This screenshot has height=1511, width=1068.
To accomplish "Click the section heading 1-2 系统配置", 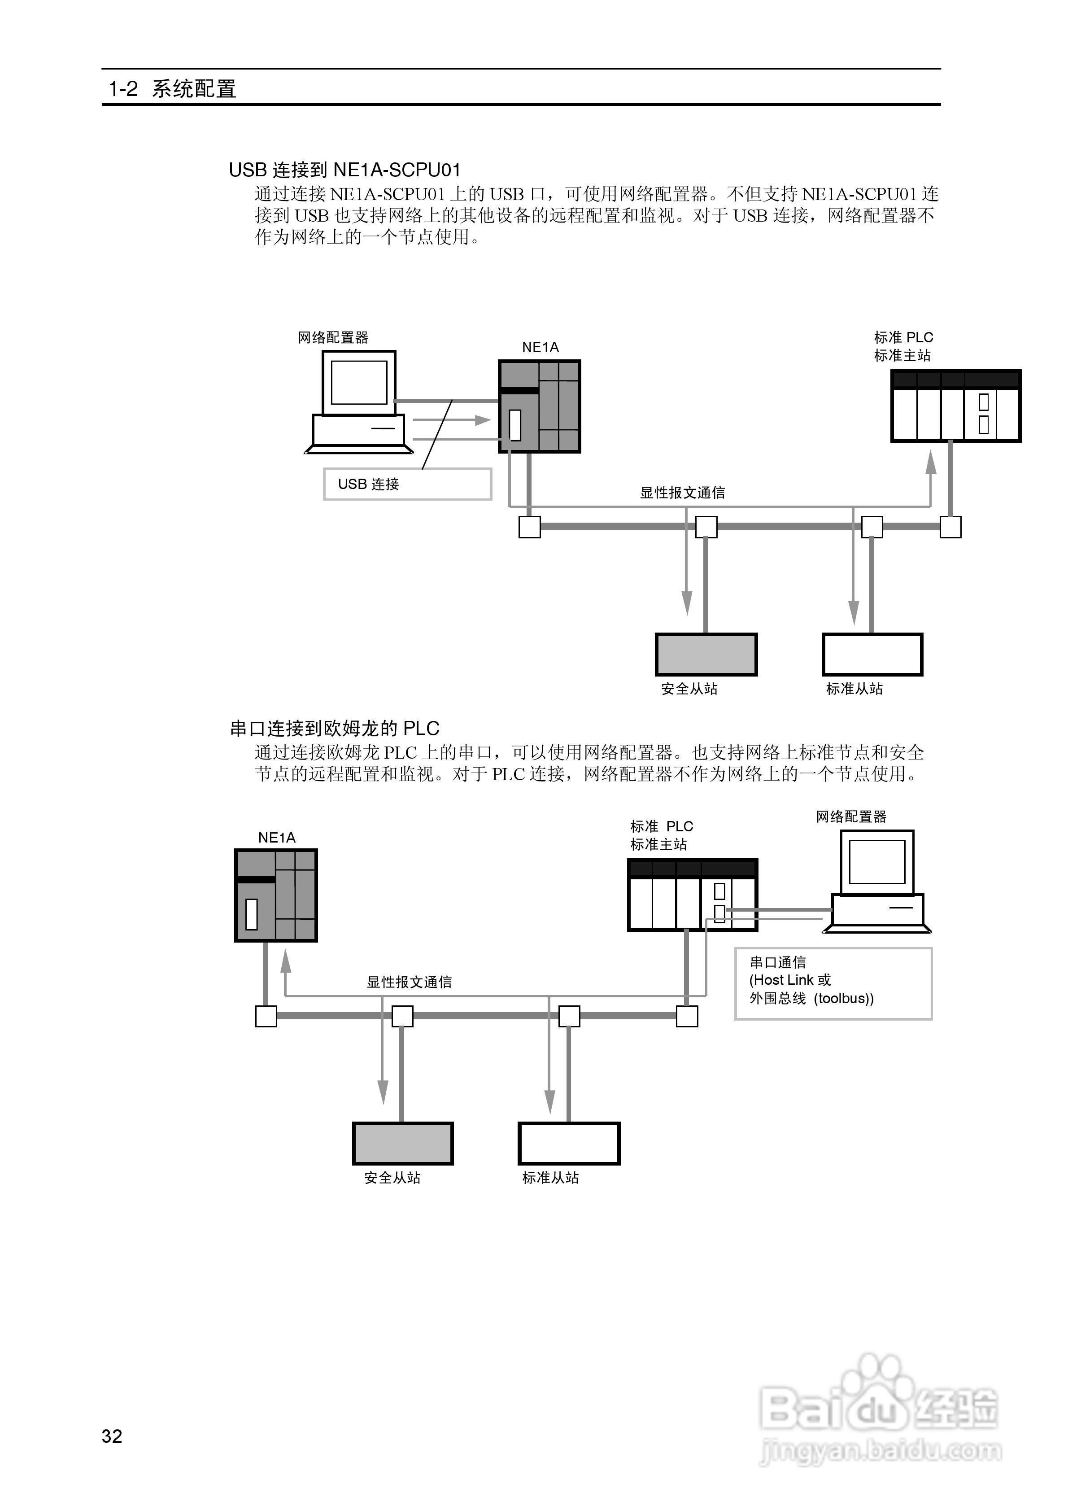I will pos(172,89).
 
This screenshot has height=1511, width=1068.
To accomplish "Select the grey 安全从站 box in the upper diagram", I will pos(706,654).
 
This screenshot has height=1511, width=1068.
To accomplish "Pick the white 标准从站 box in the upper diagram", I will pos(872,654).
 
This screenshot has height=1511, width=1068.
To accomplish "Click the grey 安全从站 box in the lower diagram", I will pos(403,1143).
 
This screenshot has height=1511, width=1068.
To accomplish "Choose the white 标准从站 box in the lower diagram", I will pos(569,1143).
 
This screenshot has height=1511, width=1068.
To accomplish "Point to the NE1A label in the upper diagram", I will pos(540,348).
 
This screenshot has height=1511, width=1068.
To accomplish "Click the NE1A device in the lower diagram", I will pos(276,895).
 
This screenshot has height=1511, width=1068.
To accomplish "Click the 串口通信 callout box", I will pos(833,983).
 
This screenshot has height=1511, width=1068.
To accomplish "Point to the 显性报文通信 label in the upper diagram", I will pos(682,492).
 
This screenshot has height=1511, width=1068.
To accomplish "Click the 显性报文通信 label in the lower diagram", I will pos(409,982).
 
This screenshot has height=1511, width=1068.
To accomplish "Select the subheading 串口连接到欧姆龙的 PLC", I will pos(334,729).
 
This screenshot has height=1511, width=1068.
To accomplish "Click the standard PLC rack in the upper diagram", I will pos(955,406).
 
